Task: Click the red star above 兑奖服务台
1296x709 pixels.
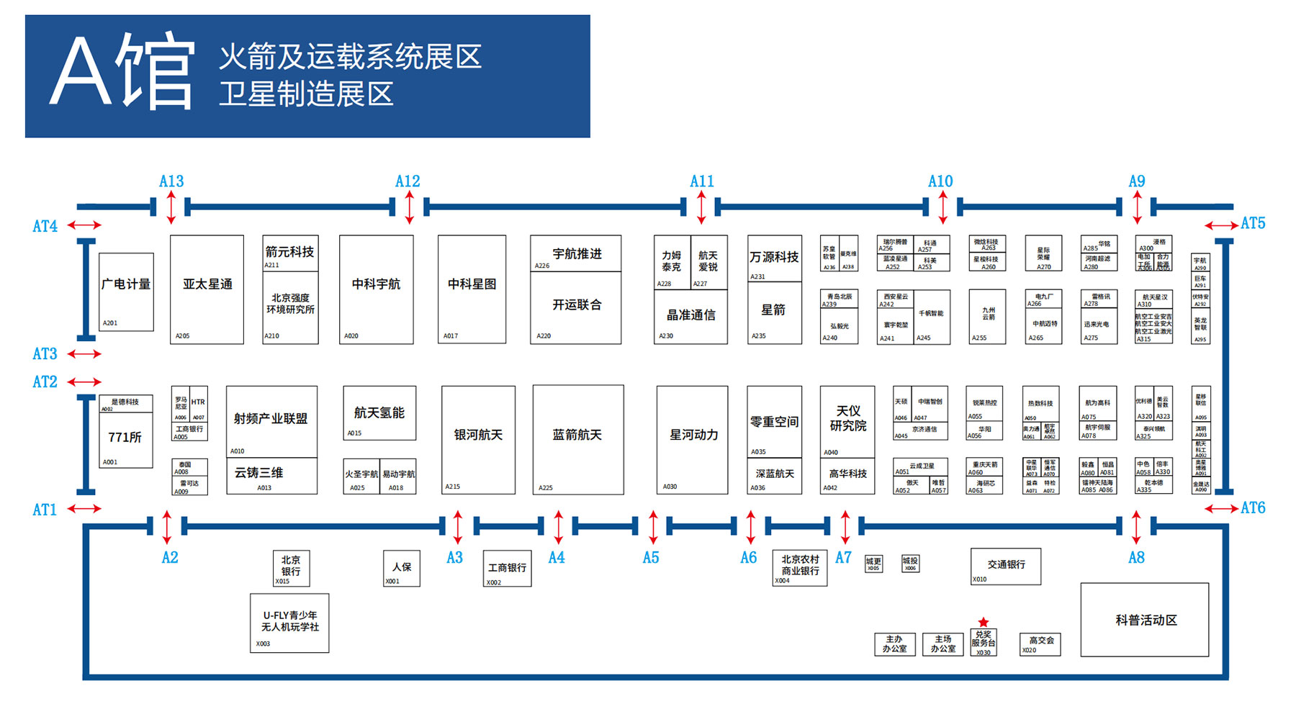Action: (x=984, y=622)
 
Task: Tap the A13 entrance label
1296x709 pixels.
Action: (x=171, y=181)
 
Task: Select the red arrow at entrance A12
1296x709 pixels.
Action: (x=409, y=207)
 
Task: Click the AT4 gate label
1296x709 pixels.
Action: (x=45, y=226)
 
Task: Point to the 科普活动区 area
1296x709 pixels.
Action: (x=1145, y=620)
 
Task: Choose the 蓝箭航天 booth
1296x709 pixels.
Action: (x=577, y=439)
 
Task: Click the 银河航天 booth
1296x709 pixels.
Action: (x=478, y=439)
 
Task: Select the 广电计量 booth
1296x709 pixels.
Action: (x=126, y=292)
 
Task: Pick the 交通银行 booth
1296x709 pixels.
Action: (x=1006, y=566)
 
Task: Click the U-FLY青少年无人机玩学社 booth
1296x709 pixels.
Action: (x=289, y=623)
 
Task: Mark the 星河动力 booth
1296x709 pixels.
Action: (x=693, y=439)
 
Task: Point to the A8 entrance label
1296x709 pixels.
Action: (x=1136, y=558)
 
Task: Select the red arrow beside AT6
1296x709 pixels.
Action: (x=1221, y=509)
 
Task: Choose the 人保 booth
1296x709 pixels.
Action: (x=402, y=569)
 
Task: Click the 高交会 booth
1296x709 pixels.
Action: (x=1040, y=643)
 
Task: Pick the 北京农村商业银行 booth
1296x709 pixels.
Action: (x=800, y=567)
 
